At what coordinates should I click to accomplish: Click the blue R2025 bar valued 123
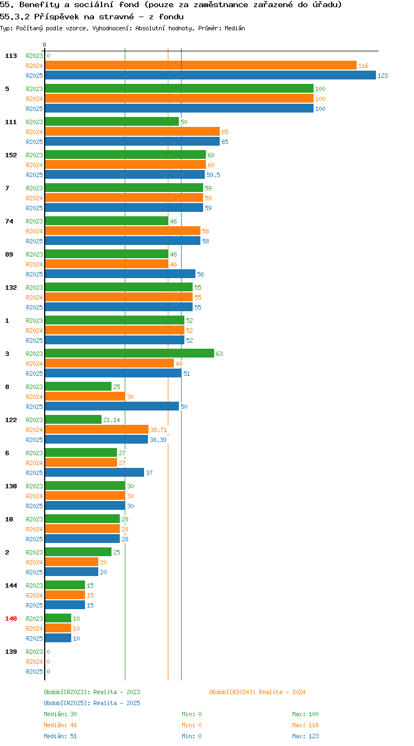210,75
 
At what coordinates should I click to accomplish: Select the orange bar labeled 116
200,65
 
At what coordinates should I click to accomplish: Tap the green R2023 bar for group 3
130,353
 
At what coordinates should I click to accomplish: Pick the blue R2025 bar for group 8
112,406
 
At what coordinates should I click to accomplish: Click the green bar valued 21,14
73,419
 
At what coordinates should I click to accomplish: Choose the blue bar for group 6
94,472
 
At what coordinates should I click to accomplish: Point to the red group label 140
11,619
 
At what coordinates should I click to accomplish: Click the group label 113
11,56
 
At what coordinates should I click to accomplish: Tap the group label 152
11,155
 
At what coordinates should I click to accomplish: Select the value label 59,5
213,175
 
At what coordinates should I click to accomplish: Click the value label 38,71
158,430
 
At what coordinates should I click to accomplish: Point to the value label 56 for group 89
200,274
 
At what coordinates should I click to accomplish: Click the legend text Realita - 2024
282,692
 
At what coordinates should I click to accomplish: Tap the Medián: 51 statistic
60,736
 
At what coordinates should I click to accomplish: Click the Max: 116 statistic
305,724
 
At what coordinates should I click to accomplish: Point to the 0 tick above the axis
44,45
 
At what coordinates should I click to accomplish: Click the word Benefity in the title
39,4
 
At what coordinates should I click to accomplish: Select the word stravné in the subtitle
116,17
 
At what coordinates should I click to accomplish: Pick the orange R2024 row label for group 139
34,662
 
